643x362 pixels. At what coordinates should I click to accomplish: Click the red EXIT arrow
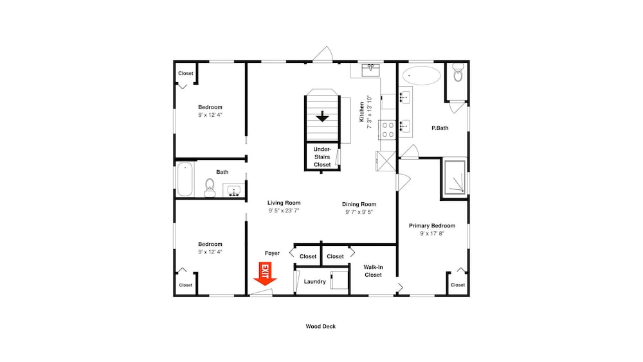265,274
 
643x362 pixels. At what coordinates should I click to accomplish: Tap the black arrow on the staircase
322,117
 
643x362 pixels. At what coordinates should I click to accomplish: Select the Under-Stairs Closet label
322,157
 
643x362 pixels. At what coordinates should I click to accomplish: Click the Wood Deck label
321,326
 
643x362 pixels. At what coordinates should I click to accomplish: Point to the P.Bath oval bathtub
421,75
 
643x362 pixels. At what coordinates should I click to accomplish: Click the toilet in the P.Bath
458,72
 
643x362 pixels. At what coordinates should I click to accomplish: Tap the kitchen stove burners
388,130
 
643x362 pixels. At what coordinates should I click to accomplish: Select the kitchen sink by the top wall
370,70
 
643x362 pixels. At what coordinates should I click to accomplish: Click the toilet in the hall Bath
210,188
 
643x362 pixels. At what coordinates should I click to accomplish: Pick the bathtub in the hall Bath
185,179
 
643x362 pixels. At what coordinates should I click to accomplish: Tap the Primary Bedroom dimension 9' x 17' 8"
432,234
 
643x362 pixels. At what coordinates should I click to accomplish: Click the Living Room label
284,203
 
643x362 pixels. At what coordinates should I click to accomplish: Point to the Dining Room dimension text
359,212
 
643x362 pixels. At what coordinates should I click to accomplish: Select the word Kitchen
361,112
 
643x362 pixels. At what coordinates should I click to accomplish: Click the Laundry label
314,281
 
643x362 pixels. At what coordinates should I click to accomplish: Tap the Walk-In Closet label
373,271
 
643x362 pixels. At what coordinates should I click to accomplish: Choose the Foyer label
272,253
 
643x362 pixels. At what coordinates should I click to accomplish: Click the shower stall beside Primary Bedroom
455,177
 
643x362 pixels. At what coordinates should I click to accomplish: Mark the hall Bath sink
234,191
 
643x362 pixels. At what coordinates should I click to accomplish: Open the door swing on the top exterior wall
323,54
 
